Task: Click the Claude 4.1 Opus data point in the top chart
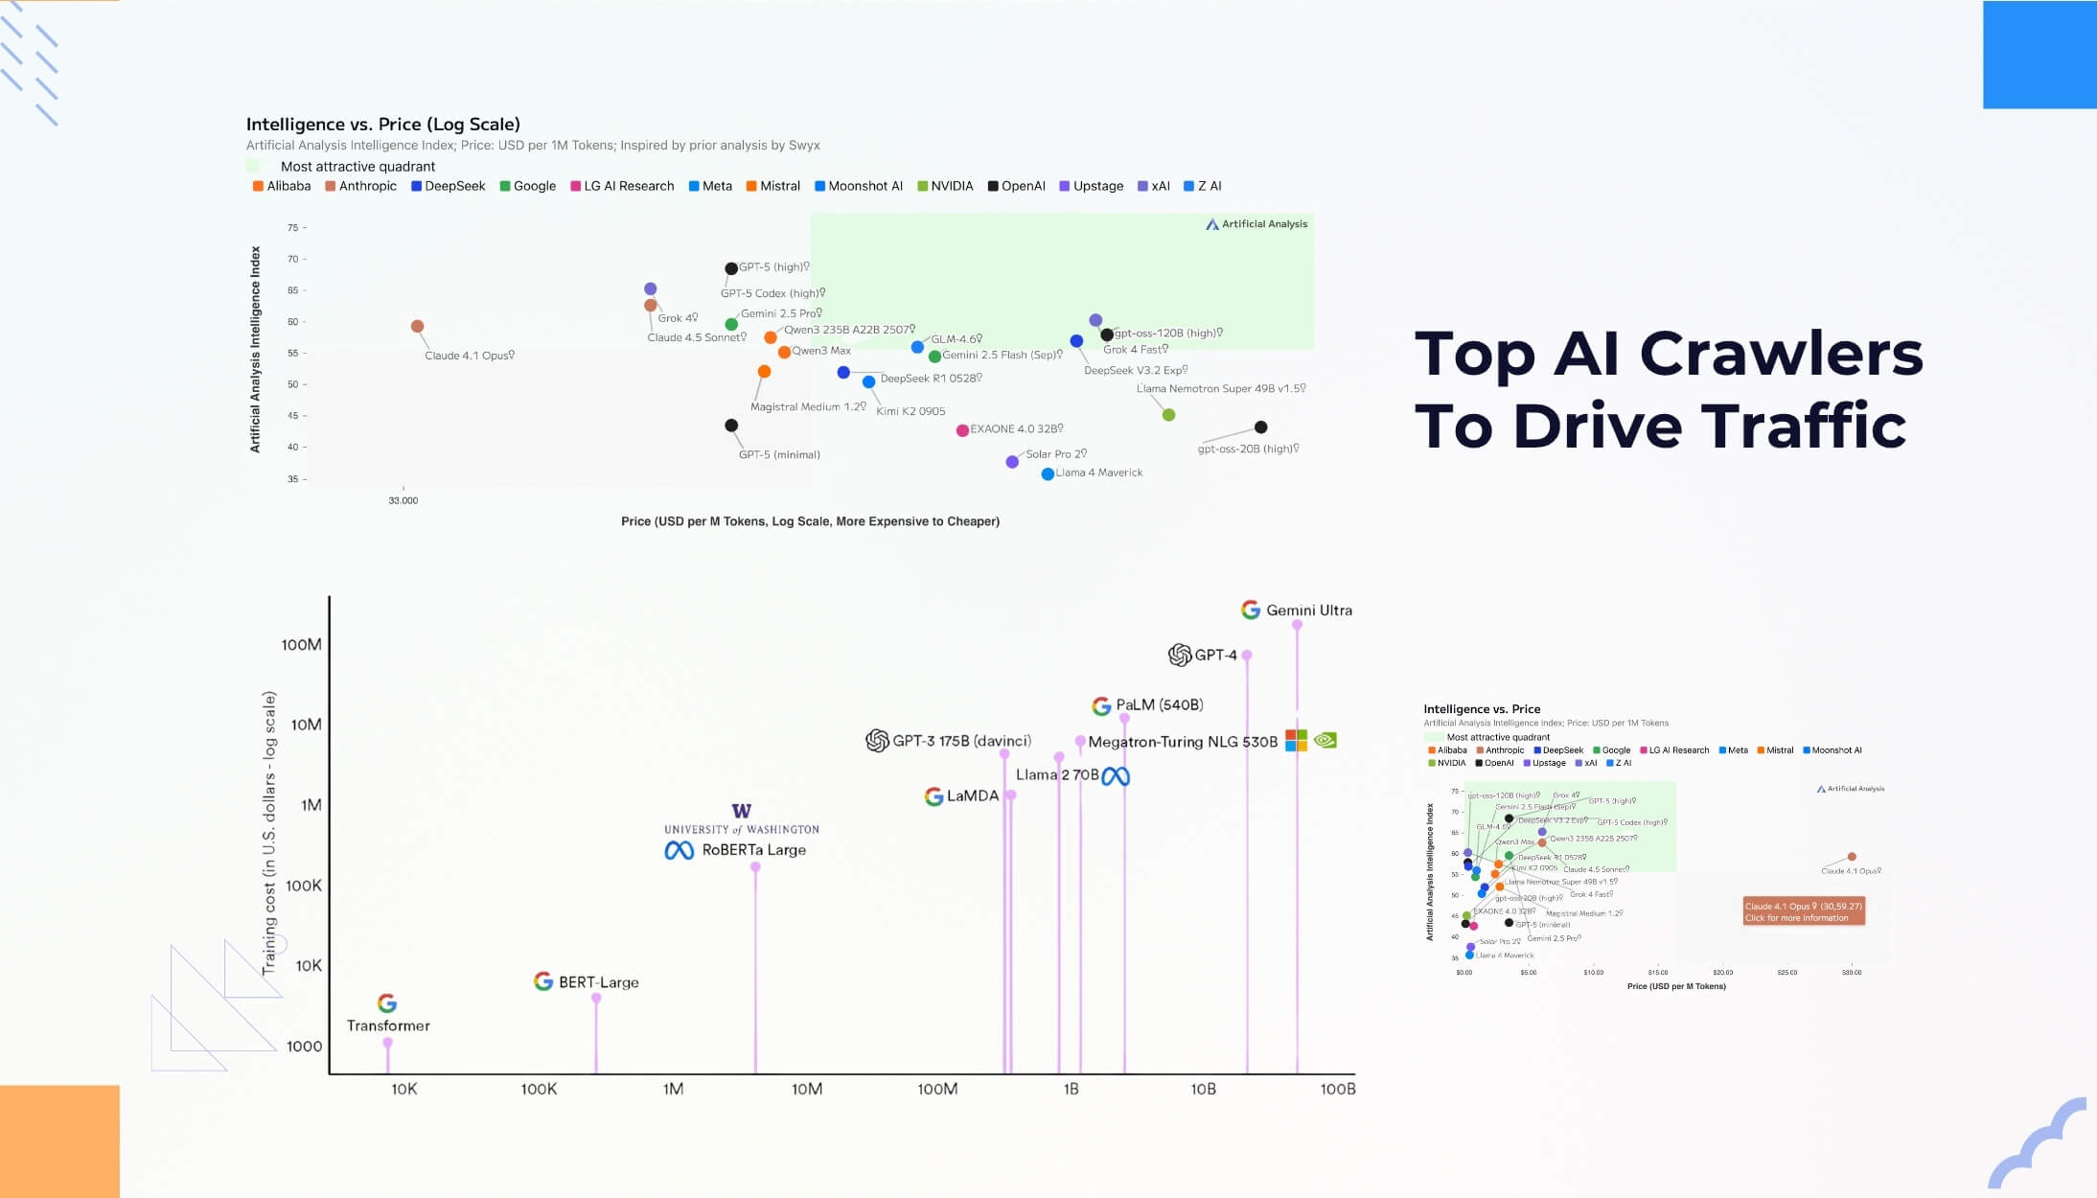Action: click(417, 327)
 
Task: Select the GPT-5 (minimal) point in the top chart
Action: click(731, 426)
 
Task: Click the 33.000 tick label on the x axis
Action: click(403, 500)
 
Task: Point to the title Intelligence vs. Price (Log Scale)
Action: click(382, 125)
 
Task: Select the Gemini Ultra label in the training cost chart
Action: click(1308, 611)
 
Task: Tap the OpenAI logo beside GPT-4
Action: click(1180, 656)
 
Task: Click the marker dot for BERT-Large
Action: click(596, 999)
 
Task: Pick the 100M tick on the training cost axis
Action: click(301, 645)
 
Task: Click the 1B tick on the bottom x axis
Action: click(1071, 1090)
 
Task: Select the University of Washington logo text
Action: click(741, 829)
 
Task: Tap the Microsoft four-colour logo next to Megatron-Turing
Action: click(1296, 741)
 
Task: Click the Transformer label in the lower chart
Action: click(388, 1026)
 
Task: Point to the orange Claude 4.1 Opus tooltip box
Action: click(1803, 911)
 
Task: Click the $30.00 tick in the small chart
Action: click(1851, 973)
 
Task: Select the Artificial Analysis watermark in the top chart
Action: click(1256, 224)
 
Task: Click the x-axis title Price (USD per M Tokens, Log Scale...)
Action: click(810, 521)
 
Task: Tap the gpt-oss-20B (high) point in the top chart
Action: click(1260, 427)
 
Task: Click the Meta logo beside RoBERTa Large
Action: click(679, 851)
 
